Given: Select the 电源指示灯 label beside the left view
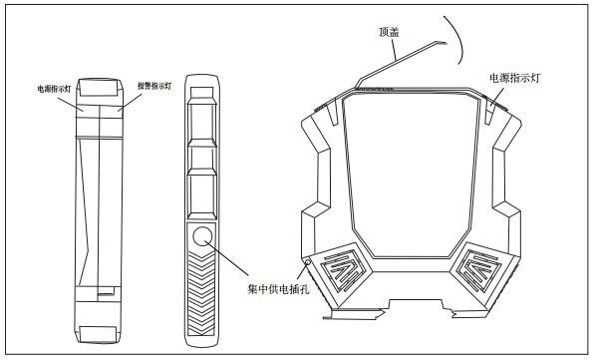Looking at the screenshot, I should (53, 88).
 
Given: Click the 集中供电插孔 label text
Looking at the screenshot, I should (274, 289).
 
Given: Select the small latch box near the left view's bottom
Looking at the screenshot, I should (104, 292).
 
